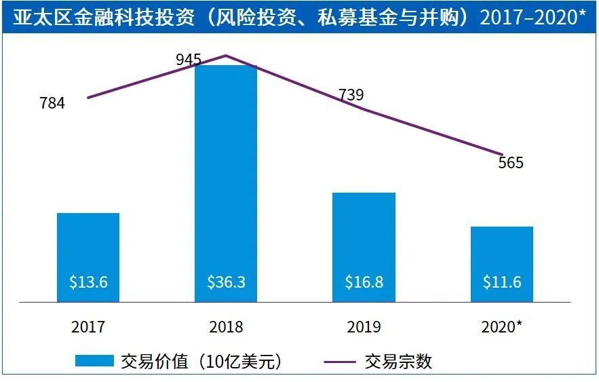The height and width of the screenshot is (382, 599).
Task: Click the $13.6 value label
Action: (x=88, y=282)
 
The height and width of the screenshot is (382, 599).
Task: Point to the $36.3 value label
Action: (x=226, y=282)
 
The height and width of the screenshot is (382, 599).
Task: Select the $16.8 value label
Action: (x=364, y=282)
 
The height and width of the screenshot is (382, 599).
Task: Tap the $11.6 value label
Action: (x=502, y=282)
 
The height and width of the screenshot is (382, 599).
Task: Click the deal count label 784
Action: (x=52, y=104)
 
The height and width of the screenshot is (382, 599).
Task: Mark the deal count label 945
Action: (x=188, y=60)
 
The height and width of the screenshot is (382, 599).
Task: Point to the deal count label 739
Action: (x=351, y=95)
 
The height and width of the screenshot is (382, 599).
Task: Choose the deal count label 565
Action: (x=510, y=163)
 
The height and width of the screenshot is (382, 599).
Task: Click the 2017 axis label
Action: (x=88, y=327)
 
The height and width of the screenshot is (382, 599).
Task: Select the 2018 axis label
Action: (x=226, y=327)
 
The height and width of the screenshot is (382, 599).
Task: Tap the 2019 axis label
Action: (x=364, y=327)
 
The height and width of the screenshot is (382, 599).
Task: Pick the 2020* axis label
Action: (x=502, y=327)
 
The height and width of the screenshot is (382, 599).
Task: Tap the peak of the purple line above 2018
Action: (x=226, y=56)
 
